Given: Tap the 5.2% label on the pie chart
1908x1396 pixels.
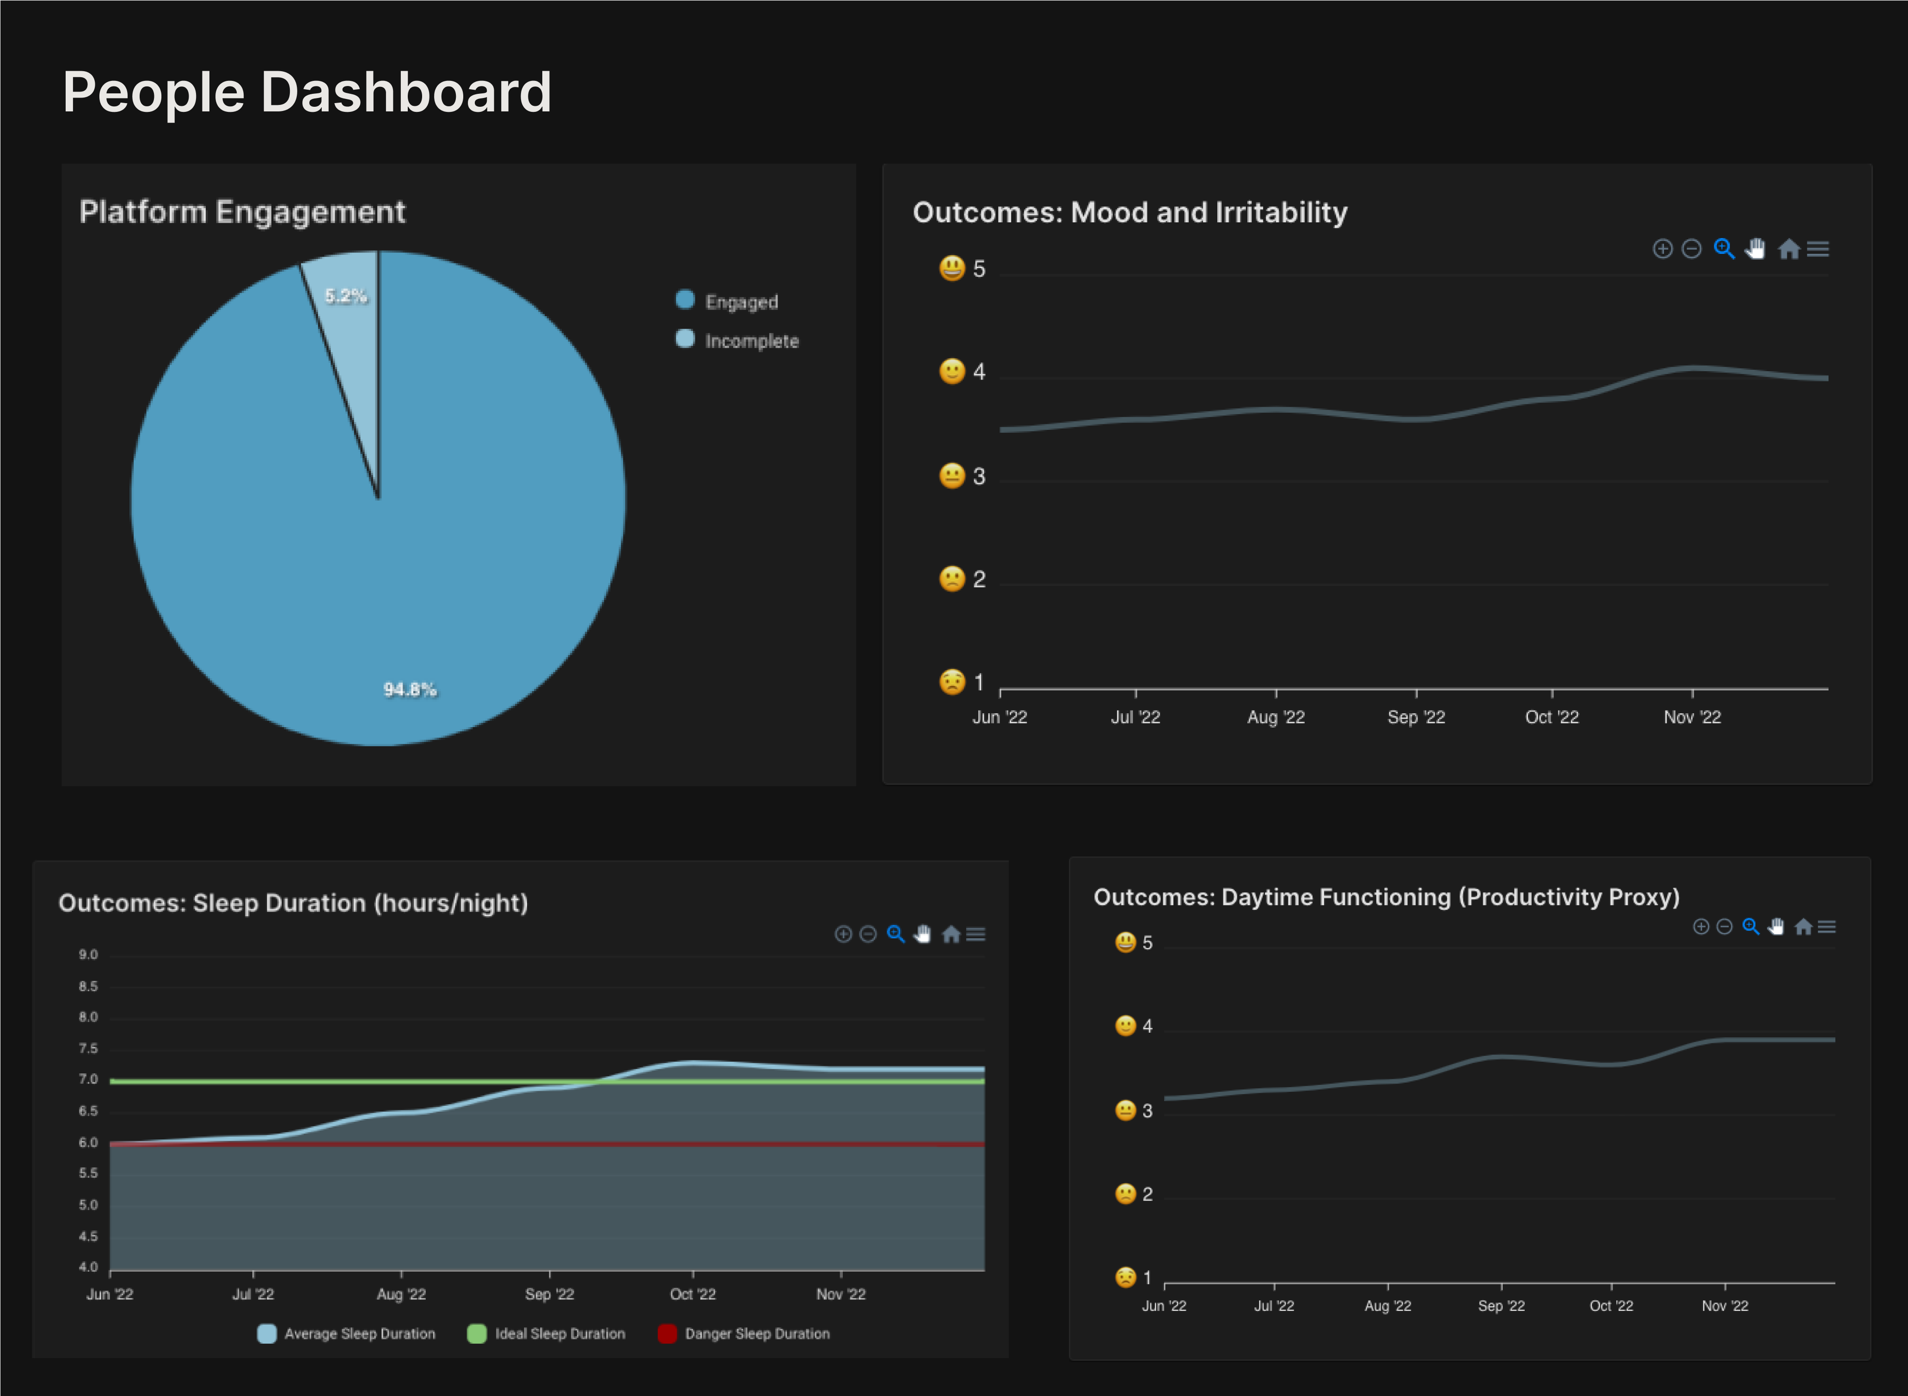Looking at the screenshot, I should point(346,296).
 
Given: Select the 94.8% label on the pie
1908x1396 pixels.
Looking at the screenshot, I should point(410,690).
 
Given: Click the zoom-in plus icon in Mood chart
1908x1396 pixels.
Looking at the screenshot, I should point(1662,249).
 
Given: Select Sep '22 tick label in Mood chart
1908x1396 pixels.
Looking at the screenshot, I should point(1416,717).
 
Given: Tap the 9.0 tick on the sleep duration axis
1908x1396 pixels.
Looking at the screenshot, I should point(89,955).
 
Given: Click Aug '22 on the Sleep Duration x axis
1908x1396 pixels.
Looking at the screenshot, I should point(401,1295).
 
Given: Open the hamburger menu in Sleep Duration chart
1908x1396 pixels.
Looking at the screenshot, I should point(976,935).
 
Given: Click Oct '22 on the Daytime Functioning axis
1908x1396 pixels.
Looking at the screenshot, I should point(1611,1306).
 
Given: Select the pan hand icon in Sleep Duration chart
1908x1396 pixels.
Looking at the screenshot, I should point(923,935).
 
